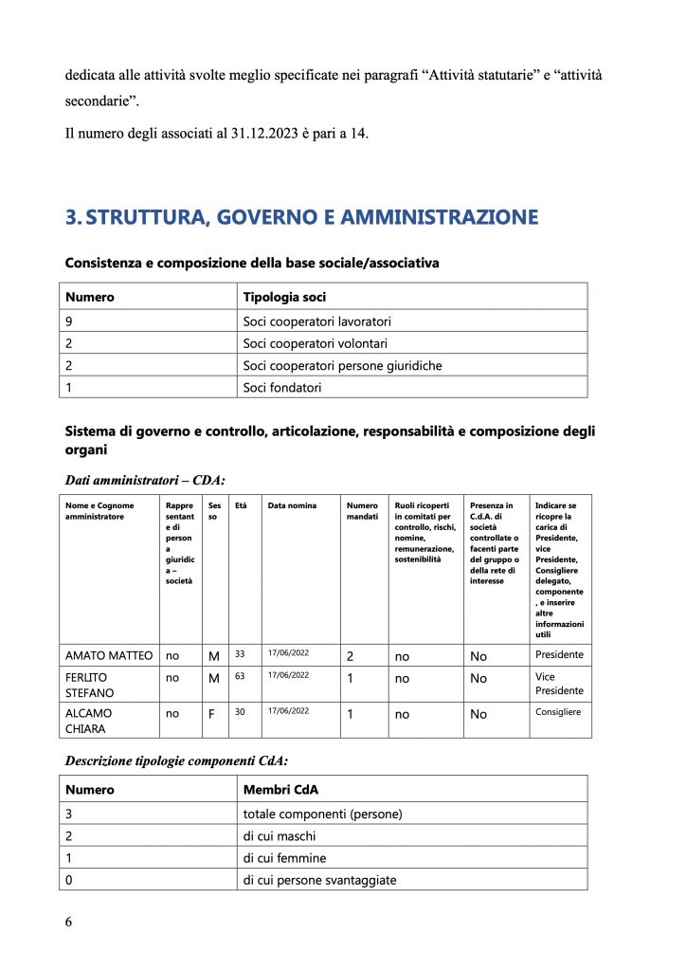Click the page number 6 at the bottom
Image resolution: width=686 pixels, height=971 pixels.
point(69,922)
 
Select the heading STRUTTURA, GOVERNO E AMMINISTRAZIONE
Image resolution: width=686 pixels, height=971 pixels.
point(301,217)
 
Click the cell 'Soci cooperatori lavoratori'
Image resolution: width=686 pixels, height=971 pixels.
point(316,321)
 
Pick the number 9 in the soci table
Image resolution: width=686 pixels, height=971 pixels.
point(69,321)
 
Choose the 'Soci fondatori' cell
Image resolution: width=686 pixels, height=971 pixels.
point(282,387)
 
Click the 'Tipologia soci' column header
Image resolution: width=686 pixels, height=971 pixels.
point(284,297)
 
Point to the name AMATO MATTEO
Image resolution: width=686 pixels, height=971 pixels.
point(109,655)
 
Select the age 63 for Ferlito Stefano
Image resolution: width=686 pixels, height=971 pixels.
point(240,675)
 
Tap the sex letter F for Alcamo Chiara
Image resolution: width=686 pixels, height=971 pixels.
point(211,714)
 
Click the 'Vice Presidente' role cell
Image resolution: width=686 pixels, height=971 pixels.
point(559,683)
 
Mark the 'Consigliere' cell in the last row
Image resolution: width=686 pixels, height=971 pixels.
point(558,711)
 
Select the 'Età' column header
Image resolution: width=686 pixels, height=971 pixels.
point(241,505)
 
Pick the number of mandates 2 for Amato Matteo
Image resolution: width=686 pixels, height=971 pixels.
point(350,655)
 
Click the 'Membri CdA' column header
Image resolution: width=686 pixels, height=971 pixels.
point(279,789)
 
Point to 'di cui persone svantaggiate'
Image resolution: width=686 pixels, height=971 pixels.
point(319,880)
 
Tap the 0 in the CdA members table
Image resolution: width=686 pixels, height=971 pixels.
point(69,880)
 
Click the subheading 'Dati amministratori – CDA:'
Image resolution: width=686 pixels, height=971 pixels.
point(145,479)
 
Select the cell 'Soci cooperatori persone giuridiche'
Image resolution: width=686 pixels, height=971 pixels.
point(342,365)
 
